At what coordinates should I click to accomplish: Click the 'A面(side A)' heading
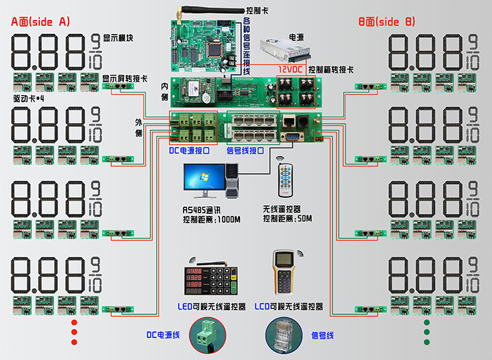(41, 22)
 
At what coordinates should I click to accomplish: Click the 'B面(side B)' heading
(386, 22)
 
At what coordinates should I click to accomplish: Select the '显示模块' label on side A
(119, 37)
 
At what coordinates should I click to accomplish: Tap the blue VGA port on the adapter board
(291, 135)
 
